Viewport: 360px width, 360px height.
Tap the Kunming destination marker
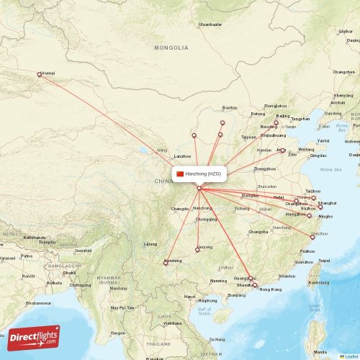(x=166, y=262)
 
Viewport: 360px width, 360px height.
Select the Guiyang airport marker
(x=197, y=250)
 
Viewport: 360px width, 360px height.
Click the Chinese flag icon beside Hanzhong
(x=180, y=174)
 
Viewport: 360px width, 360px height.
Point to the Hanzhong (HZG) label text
(x=204, y=174)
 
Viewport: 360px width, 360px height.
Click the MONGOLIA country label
(x=171, y=48)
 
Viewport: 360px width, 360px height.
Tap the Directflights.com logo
(x=34, y=337)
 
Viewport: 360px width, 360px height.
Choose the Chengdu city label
(x=179, y=209)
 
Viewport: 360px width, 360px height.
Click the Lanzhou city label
(x=183, y=156)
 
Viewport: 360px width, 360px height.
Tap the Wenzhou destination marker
(x=312, y=236)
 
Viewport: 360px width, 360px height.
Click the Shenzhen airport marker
(x=254, y=285)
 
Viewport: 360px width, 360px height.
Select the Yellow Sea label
(x=330, y=170)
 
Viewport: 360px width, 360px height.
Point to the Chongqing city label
(x=205, y=219)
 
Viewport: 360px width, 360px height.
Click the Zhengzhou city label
(x=265, y=168)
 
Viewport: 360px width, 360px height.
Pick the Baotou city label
(x=230, y=108)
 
